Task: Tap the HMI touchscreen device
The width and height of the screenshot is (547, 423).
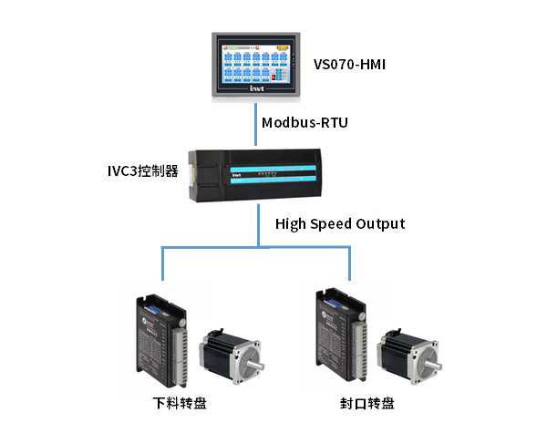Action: pyautogui.click(x=255, y=64)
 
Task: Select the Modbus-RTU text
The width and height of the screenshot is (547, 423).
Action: pyautogui.click(x=304, y=122)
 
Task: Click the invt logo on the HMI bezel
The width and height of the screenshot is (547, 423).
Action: pyautogui.click(x=256, y=90)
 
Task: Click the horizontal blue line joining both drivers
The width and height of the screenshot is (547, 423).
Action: pyautogui.click(x=256, y=247)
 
